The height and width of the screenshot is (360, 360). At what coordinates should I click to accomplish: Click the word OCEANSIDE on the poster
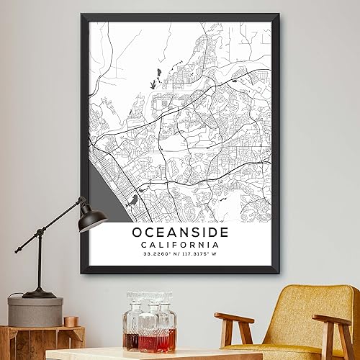point(180,233)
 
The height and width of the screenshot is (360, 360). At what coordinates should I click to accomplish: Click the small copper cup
point(71,320)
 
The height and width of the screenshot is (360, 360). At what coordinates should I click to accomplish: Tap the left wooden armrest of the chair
point(234,318)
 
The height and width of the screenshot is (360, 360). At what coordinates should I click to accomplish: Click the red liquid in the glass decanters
point(150,340)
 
